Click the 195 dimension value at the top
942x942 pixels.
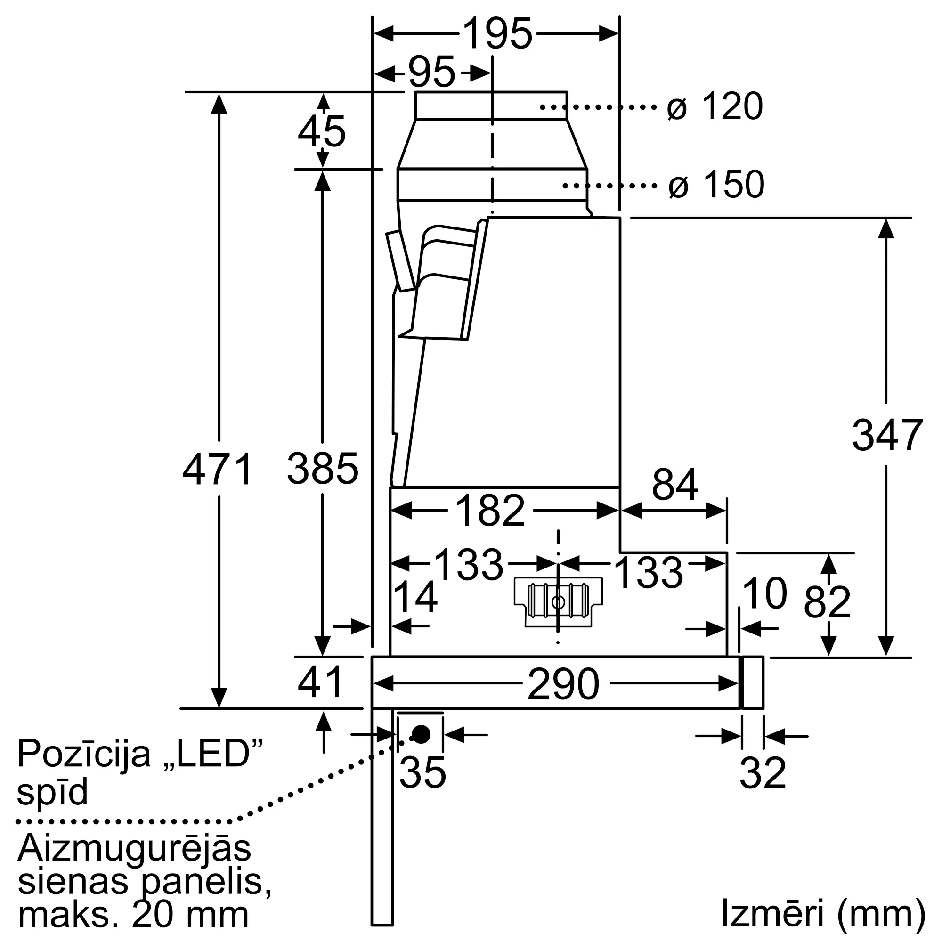[497, 34]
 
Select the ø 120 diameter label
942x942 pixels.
[715, 106]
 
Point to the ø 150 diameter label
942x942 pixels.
[716, 184]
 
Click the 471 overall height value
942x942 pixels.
[218, 469]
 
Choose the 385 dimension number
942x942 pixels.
[322, 469]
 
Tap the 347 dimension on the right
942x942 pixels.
[887, 435]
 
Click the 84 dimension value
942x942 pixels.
[675, 485]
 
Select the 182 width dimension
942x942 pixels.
[489, 511]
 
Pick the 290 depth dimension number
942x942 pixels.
[563, 684]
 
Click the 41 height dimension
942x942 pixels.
[320, 682]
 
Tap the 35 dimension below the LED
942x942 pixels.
[422, 773]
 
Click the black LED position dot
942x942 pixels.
[421, 734]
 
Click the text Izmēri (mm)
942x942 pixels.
[822, 912]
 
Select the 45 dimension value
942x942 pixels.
[321, 131]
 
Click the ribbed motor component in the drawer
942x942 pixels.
[558, 601]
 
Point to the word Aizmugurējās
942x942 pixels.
[134, 848]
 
